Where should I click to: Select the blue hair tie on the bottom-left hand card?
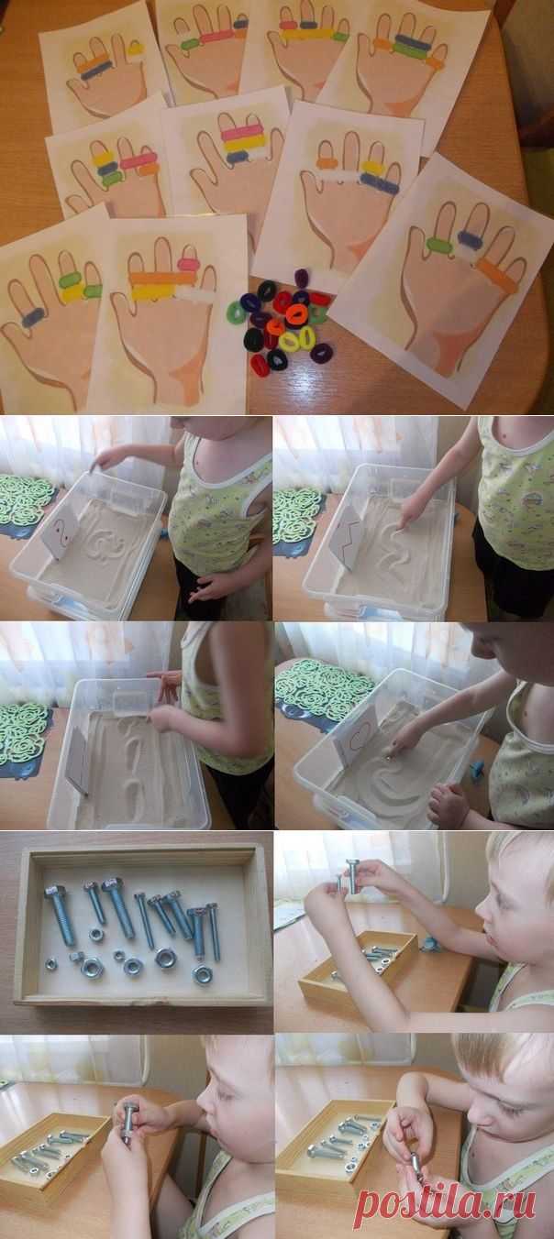(32, 317)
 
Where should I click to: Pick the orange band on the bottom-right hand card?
(497, 276)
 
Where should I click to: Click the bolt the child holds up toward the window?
(352, 877)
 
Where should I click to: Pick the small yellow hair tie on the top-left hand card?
(136, 48)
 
